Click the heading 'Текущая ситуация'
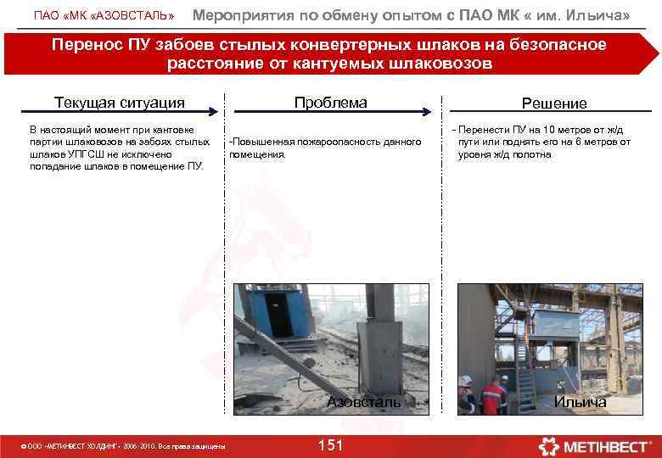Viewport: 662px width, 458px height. tap(119, 103)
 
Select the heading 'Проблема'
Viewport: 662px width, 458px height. tap(330, 103)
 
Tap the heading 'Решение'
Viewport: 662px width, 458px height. tap(554, 103)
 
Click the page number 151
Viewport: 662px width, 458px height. tap(330, 445)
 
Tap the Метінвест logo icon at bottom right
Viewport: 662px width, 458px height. tap(553, 444)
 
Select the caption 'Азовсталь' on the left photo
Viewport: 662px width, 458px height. tap(364, 402)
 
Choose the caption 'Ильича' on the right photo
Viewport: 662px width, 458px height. tap(580, 402)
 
